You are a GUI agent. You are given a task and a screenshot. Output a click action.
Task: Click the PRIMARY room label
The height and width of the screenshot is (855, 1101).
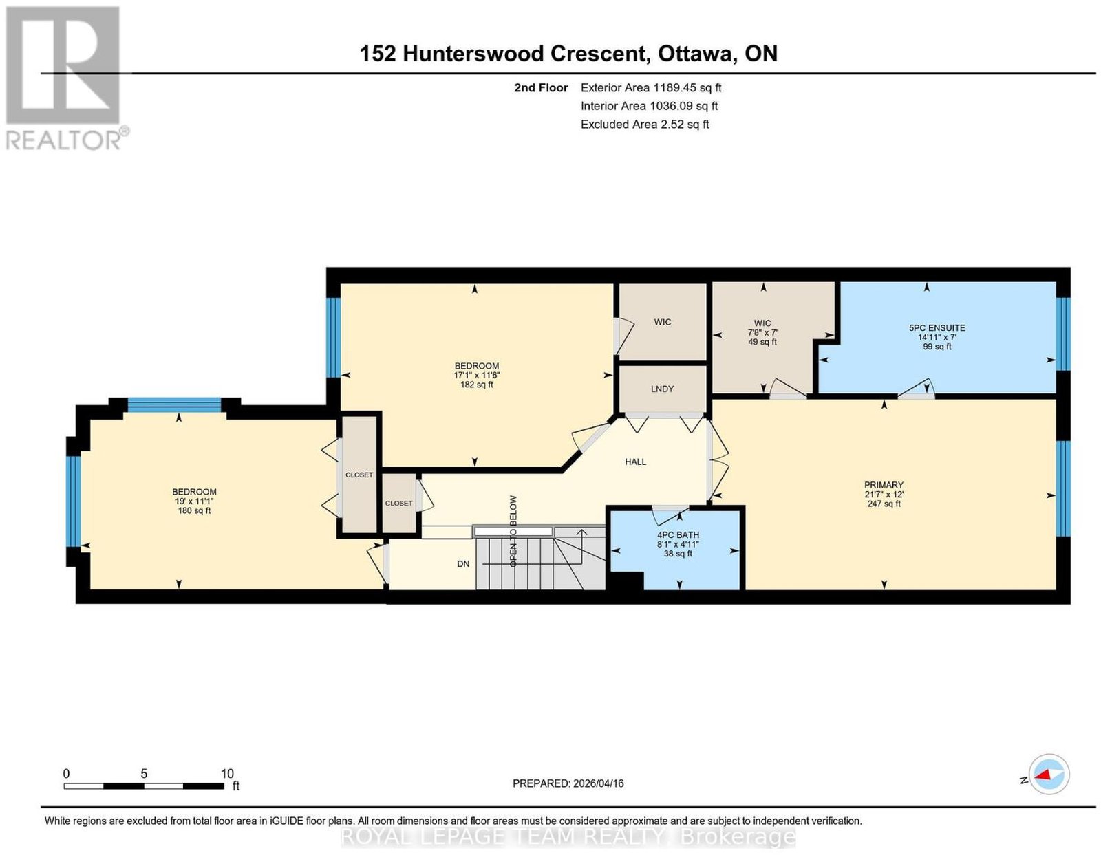884,484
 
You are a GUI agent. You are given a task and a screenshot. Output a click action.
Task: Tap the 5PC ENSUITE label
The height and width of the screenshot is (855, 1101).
937,327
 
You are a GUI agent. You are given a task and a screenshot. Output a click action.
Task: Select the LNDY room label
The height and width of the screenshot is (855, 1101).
662,389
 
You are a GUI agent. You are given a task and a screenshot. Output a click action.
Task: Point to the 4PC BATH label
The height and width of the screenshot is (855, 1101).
678,534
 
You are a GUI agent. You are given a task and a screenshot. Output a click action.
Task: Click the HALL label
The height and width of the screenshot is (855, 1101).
635,462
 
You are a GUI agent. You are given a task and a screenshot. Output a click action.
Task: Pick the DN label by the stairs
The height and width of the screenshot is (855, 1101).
463,564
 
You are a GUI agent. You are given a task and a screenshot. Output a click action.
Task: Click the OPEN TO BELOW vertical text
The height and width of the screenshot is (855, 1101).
513,531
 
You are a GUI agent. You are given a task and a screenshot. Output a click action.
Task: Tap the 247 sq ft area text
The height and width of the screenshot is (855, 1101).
884,504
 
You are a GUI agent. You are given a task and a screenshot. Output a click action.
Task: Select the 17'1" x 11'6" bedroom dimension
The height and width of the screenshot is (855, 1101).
477,375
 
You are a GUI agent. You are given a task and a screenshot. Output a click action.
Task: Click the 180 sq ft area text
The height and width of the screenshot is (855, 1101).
194,511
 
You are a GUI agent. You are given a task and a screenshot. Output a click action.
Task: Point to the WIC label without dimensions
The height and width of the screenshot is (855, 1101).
662,322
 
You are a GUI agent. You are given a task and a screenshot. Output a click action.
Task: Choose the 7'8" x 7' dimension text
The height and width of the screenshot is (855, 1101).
762,333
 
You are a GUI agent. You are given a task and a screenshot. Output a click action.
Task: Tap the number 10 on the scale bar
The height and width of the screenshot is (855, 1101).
227,774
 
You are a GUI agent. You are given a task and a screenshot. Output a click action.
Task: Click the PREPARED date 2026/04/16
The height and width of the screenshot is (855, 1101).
598,783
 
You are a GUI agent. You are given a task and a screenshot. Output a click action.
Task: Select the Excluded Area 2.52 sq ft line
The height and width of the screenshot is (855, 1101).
645,125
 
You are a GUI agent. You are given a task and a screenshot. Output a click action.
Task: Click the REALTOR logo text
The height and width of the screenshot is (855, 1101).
63,141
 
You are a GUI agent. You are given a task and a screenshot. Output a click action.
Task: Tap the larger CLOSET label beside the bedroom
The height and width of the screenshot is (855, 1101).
359,475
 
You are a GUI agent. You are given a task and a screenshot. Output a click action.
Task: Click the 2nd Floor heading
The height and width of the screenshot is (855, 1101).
541,88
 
